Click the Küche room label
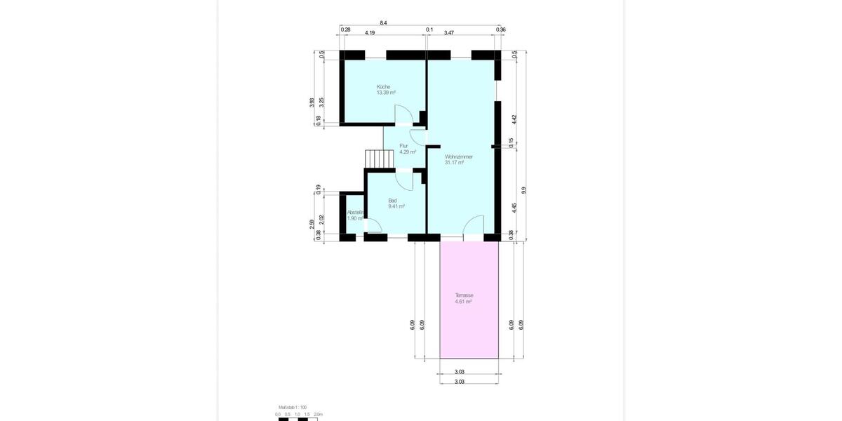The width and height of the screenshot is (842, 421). [x=383, y=87]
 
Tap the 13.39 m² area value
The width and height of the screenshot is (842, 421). [x=386, y=93]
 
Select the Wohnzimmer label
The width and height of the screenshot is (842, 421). [x=458, y=156]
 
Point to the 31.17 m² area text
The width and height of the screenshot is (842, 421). [x=454, y=162]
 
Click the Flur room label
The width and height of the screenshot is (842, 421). [x=403, y=146]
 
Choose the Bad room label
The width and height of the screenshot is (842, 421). [x=392, y=201]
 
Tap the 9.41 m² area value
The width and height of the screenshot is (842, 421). [x=396, y=206]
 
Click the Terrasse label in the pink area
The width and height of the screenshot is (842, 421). [x=464, y=295]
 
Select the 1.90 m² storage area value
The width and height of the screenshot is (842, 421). [x=355, y=218]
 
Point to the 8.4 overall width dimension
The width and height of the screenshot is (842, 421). [x=383, y=23]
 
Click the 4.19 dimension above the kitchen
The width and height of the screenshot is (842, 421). [x=369, y=32]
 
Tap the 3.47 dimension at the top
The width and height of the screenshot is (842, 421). [x=449, y=32]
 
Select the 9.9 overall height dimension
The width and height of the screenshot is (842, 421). [x=523, y=189]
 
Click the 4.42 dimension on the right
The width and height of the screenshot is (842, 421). [x=514, y=119]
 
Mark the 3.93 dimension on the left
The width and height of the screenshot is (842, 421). [x=312, y=102]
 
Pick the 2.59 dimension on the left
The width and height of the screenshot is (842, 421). [x=312, y=225]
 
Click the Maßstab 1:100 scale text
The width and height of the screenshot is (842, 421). [x=293, y=407]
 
